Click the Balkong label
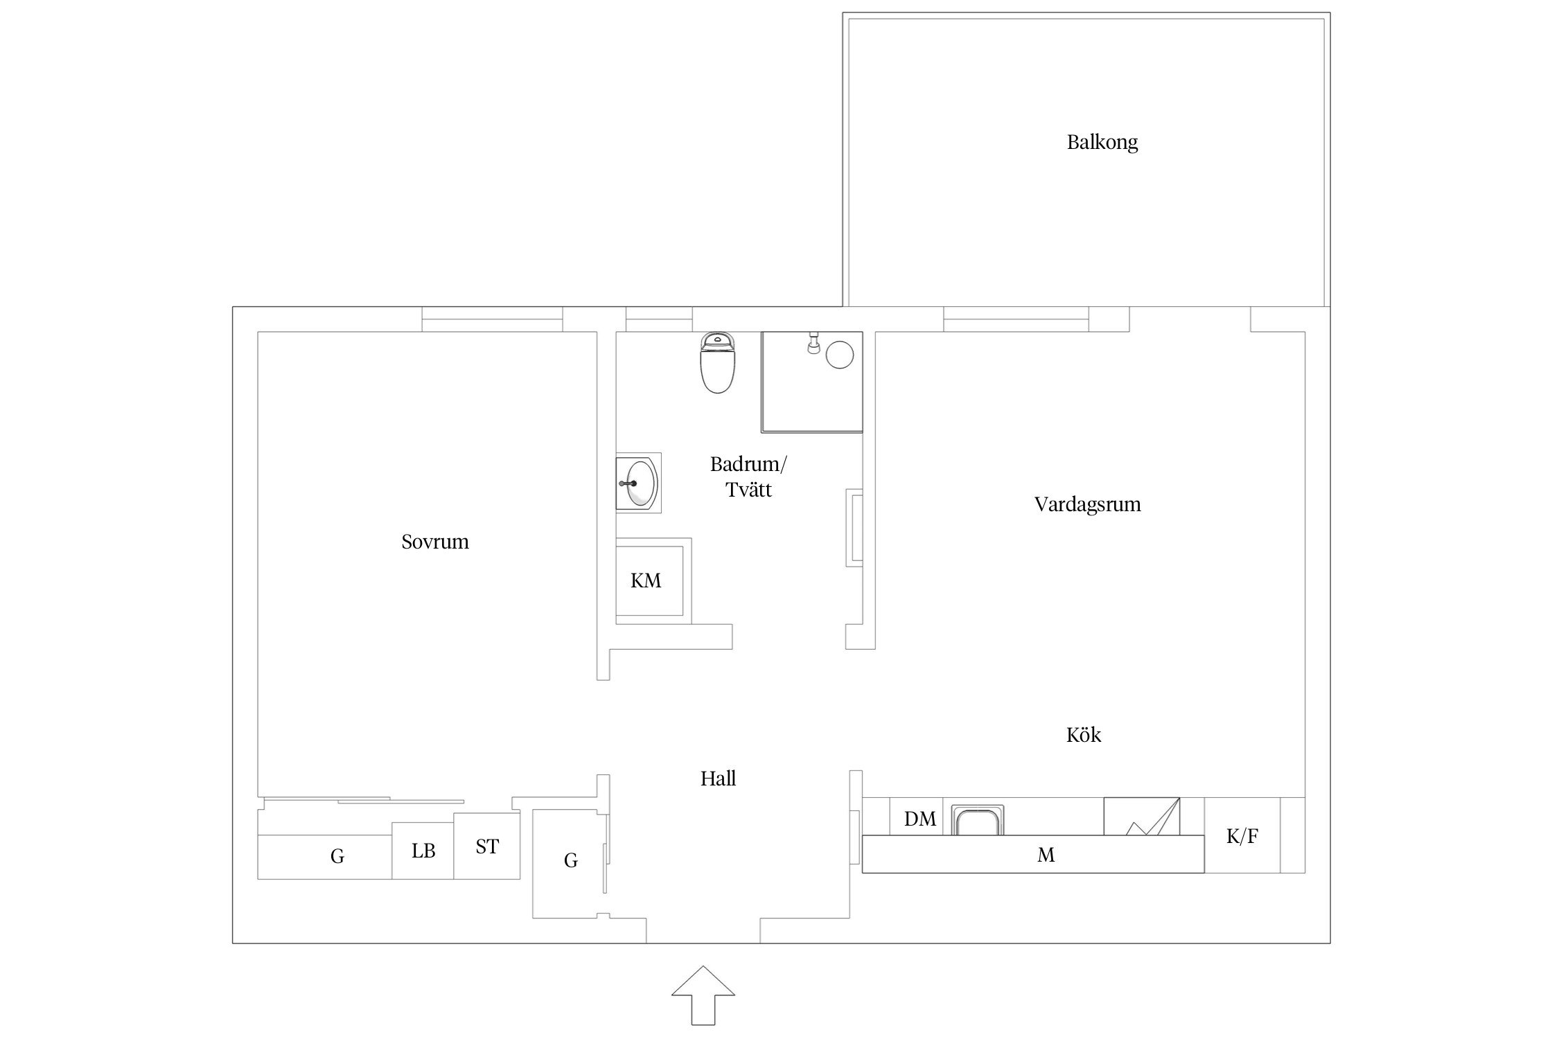(1102, 143)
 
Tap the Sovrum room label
(435, 542)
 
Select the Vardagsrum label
(1087, 504)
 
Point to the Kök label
(1084, 734)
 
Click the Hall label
(718, 779)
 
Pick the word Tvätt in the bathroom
(748, 490)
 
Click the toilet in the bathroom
(717, 362)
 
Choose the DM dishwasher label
(920, 819)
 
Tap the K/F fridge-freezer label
(1242, 836)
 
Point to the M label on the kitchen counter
(1046, 855)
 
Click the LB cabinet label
(423, 851)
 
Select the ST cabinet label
(487, 846)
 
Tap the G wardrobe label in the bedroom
(337, 857)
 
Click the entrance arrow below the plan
(703, 995)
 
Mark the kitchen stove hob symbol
(1142, 817)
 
